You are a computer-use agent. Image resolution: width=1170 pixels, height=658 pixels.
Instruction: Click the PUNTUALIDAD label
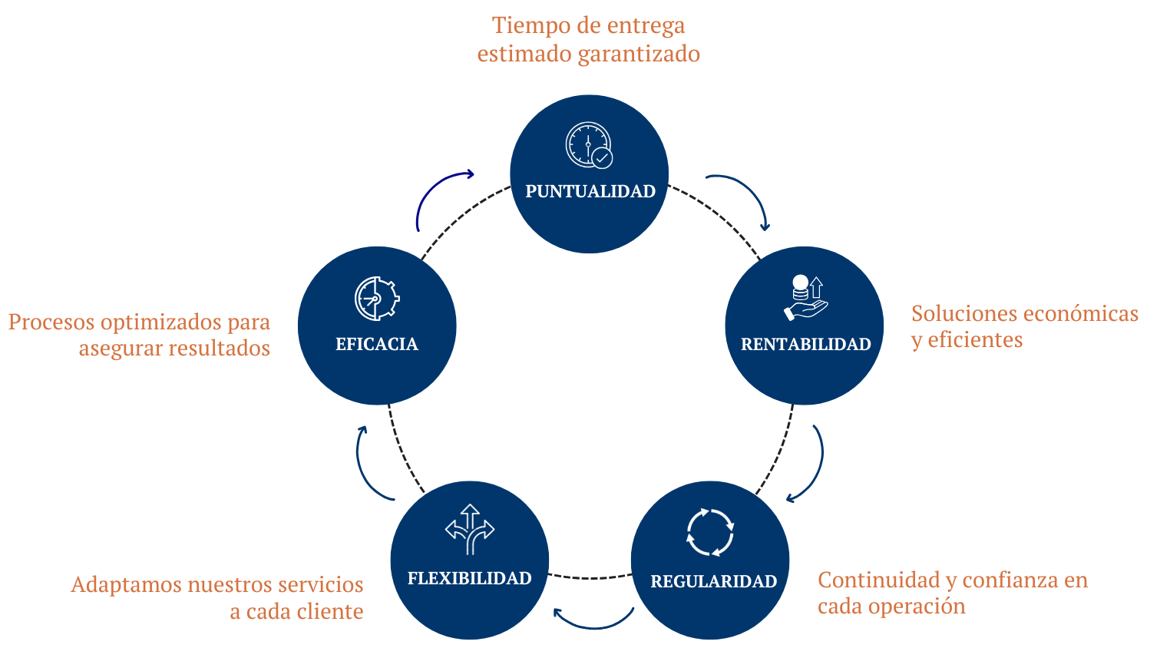[x=590, y=191]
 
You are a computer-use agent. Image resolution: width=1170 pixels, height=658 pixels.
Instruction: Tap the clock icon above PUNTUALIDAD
[x=589, y=145]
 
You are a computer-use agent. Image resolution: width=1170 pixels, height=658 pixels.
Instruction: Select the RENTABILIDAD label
[x=805, y=344]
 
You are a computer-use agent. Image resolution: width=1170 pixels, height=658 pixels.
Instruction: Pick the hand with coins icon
[x=806, y=298]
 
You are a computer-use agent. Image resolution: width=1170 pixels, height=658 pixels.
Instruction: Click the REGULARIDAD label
[x=713, y=581]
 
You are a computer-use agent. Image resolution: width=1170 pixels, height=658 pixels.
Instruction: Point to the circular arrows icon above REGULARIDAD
[x=710, y=532]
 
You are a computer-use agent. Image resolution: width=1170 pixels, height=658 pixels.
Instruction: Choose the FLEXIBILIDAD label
[x=469, y=578]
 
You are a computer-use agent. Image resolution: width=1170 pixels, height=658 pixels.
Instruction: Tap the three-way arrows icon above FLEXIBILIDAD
[x=470, y=529]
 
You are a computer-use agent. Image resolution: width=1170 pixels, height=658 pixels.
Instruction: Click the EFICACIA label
[x=377, y=344]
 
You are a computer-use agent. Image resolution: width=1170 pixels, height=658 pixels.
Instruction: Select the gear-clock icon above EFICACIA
[x=377, y=298]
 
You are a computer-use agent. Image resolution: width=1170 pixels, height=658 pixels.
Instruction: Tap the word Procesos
[x=51, y=322]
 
